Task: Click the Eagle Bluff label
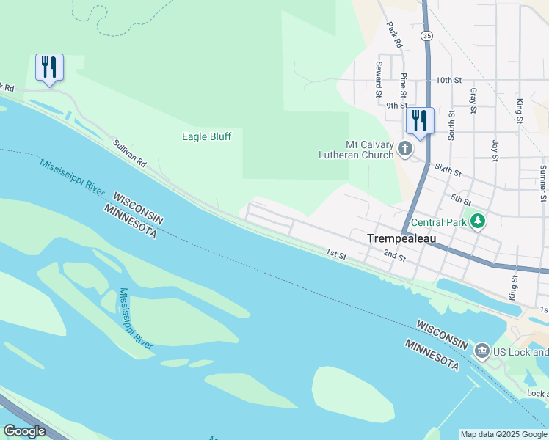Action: [x=206, y=136]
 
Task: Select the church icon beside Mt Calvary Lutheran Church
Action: [x=404, y=150]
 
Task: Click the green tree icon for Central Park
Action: [x=479, y=221]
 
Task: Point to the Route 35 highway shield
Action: [x=426, y=35]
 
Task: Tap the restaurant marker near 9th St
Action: [x=420, y=121]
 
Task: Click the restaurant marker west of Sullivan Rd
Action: [x=49, y=67]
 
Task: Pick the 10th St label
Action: [x=448, y=80]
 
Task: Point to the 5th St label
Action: [x=460, y=199]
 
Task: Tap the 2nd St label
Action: [x=394, y=255]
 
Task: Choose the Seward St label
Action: [x=379, y=79]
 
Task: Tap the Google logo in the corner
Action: [x=24, y=431]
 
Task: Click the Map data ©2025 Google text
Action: [x=503, y=434]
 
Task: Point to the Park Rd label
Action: [x=394, y=35]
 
